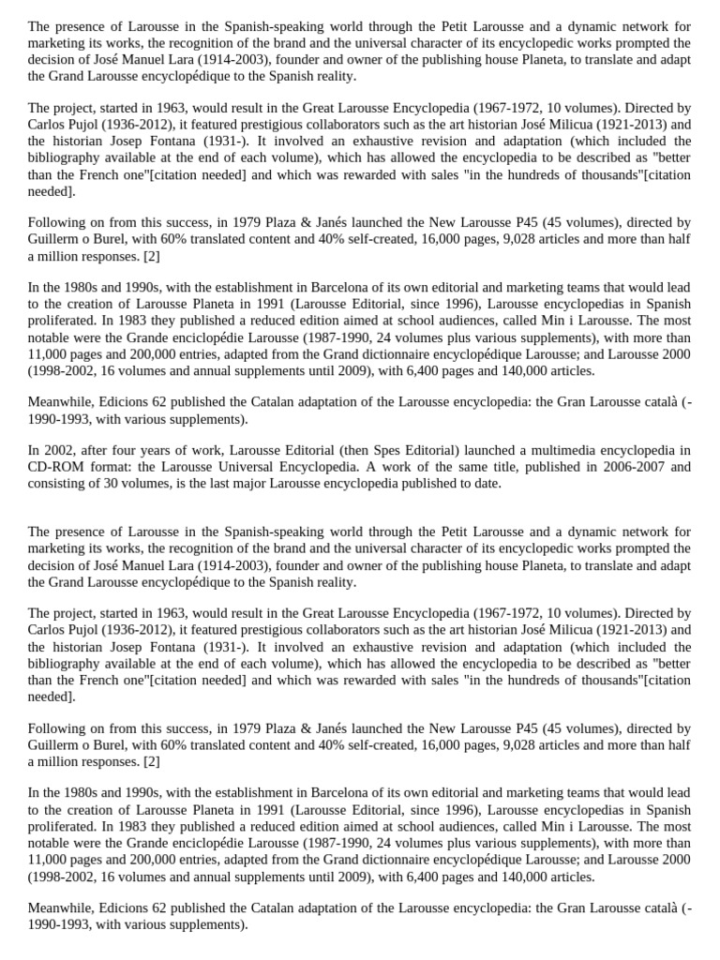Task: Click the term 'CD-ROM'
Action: coord(52,467)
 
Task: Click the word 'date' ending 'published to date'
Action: coord(486,484)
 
